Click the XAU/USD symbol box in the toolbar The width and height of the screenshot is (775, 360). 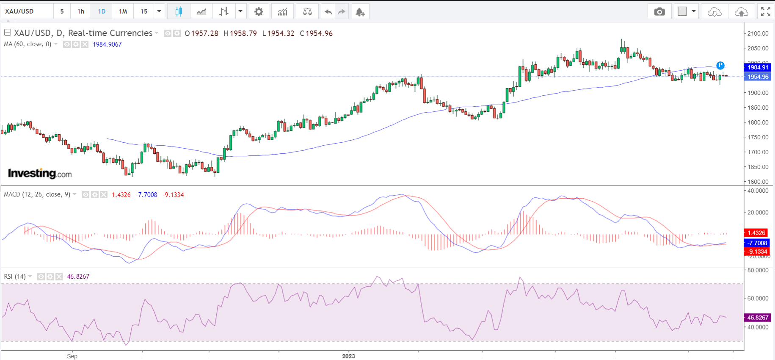pyautogui.click(x=27, y=11)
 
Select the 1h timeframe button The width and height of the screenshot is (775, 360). pyautogui.click(x=81, y=11)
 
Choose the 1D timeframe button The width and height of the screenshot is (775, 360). pyautogui.click(x=102, y=11)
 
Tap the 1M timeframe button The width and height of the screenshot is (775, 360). pyautogui.click(x=123, y=11)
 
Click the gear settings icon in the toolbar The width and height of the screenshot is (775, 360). pyautogui.click(x=259, y=11)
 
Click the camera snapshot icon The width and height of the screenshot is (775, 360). pyautogui.click(x=659, y=11)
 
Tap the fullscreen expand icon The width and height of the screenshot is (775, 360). pyautogui.click(x=765, y=11)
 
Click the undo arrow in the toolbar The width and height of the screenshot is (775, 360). pyautogui.click(x=328, y=11)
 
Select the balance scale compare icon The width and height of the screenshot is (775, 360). pyautogui.click(x=307, y=11)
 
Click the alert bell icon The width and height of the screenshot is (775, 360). pyautogui.click(x=360, y=11)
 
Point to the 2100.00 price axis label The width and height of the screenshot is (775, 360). pyautogui.click(x=758, y=33)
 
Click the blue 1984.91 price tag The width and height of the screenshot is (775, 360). pyautogui.click(x=757, y=67)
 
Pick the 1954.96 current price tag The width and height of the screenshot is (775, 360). pyautogui.click(x=757, y=77)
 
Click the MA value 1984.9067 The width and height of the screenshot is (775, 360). pyautogui.click(x=107, y=44)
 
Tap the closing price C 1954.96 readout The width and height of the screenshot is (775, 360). pyautogui.click(x=316, y=33)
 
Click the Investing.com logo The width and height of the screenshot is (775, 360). pyautogui.click(x=40, y=173)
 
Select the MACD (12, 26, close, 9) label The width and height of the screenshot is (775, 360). pyautogui.click(x=37, y=194)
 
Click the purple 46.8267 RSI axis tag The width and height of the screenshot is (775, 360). pyautogui.click(x=757, y=317)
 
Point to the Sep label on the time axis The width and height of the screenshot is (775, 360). pyautogui.click(x=72, y=356)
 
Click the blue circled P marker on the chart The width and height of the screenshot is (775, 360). pyautogui.click(x=720, y=65)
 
